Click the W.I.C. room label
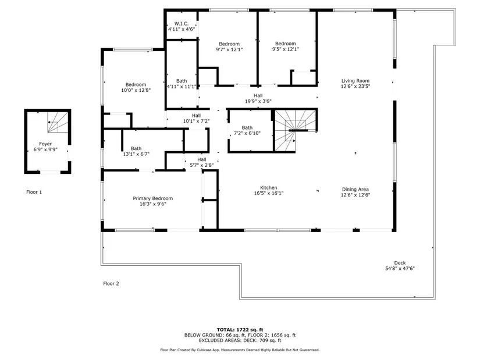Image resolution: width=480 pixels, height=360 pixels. click(x=182, y=24)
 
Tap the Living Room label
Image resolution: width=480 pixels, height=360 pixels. click(x=355, y=81)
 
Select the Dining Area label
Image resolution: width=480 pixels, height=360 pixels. click(x=355, y=189)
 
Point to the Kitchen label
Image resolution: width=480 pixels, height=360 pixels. click(x=269, y=188)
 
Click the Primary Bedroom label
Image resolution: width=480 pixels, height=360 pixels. click(x=153, y=198)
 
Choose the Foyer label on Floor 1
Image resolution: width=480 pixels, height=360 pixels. click(x=45, y=144)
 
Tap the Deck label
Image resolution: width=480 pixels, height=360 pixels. click(x=400, y=263)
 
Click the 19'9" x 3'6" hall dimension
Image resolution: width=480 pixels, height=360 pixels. click(x=258, y=101)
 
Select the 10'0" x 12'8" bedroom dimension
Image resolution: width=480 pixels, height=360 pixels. click(x=136, y=90)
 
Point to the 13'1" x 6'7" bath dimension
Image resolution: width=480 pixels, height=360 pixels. click(x=136, y=154)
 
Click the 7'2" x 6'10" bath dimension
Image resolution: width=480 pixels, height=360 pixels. click(x=247, y=133)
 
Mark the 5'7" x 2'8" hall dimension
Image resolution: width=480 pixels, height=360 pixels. click(x=202, y=165)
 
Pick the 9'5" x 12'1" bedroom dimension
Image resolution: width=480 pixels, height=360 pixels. click(x=286, y=49)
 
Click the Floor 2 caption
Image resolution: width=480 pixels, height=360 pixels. click(x=111, y=284)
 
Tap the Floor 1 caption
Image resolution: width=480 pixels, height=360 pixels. click(x=34, y=193)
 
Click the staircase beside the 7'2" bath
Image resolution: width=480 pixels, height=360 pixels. click(x=295, y=130)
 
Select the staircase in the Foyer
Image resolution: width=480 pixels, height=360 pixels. click(x=58, y=123)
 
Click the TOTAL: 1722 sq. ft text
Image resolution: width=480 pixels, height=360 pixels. click(x=240, y=330)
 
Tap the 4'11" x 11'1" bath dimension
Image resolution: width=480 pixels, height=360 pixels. click(x=182, y=87)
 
